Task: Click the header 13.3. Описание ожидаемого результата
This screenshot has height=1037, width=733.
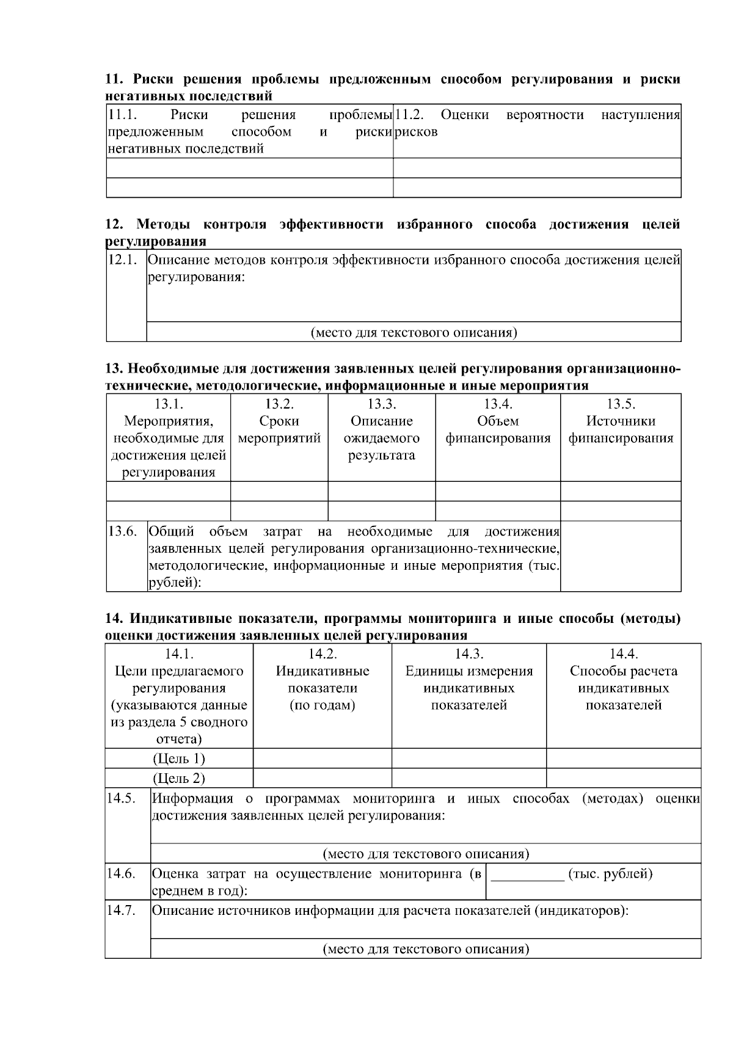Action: click(382, 429)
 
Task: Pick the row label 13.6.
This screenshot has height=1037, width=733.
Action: click(122, 531)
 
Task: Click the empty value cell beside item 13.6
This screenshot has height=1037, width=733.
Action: click(621, 556)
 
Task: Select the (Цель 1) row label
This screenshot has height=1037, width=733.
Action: click(178, 759)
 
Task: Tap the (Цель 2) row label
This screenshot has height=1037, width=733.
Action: click(178, 778)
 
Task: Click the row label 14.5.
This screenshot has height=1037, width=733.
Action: click(121, 798)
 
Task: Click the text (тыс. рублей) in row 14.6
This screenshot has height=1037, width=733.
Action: click(610, 874)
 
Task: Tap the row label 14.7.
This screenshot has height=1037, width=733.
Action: click(121, 911)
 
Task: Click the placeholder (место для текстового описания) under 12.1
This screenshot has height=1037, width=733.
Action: click(414, 333)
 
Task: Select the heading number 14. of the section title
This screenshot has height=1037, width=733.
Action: click(113, 619)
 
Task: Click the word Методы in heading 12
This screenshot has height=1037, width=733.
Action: click(163, 224)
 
